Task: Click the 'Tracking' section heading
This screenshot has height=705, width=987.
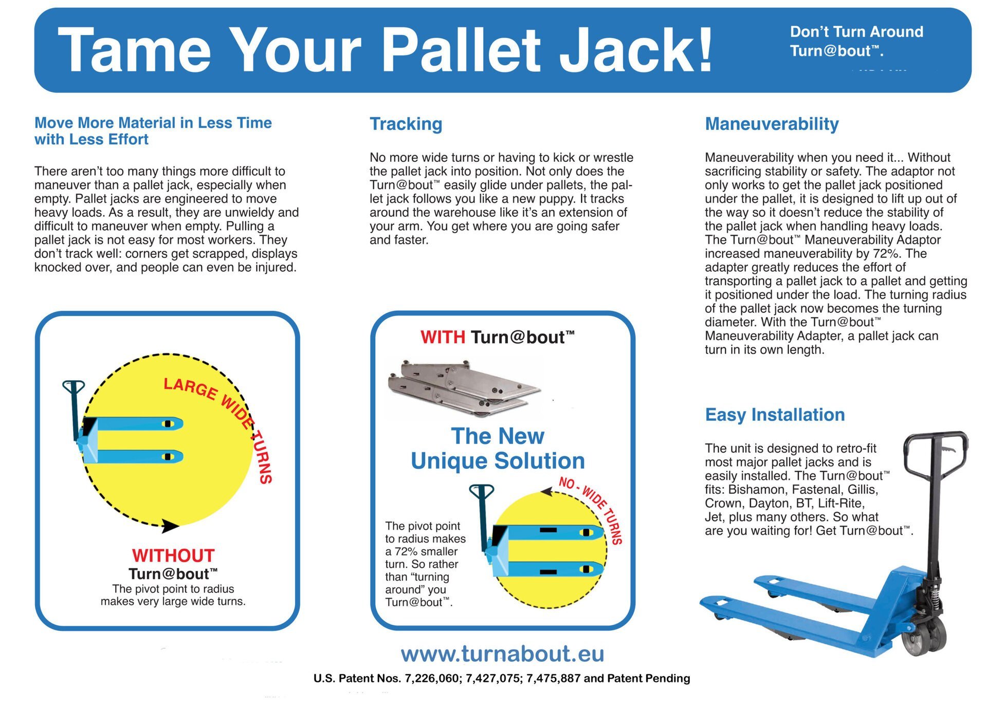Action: pos(406,124)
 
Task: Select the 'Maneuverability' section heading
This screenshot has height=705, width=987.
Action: pos(772,124)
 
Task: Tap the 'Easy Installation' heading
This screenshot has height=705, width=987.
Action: pos(775,415)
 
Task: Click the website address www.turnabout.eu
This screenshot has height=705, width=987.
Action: pos(502,654)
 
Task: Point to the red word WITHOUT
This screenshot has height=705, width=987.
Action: pos(173,555)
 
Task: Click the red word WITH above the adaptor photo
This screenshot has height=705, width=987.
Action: pos(443,338)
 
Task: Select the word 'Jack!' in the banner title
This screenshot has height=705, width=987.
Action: pos(636,50)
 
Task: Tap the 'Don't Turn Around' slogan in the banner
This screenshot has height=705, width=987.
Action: pos(856,32)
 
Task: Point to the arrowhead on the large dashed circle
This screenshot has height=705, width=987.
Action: pos(170,525)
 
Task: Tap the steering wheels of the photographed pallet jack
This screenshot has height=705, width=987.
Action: pos(925,636)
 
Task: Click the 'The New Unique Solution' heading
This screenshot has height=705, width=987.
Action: pos(498,449)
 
